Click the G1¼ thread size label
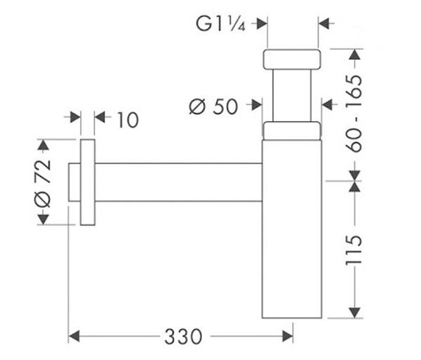(220, 24)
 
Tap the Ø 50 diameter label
(213, 106)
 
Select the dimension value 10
(128, 120)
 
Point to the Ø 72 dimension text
(43, 184)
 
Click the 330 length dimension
(183, 336)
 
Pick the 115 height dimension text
(353, 250)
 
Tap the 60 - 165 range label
(353, 113)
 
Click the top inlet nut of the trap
(292, 59)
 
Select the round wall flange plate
(88, 182)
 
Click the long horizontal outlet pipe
(179, 182)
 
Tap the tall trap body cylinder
(292, 229)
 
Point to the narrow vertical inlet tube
(292, 95)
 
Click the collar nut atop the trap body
(292, 131)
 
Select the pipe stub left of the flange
(75, 182)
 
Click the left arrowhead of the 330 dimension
(74, 336)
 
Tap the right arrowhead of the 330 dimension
(287, 336)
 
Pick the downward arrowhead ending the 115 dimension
(355, 313)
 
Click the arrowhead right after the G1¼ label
(262, 24)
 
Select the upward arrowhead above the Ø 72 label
(43, 145)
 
